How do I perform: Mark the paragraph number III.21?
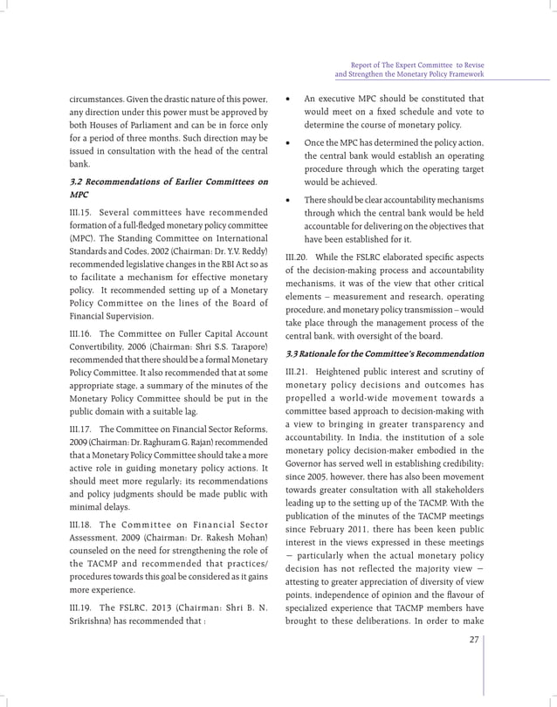299,374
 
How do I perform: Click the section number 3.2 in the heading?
79,181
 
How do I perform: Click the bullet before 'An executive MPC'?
289,99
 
